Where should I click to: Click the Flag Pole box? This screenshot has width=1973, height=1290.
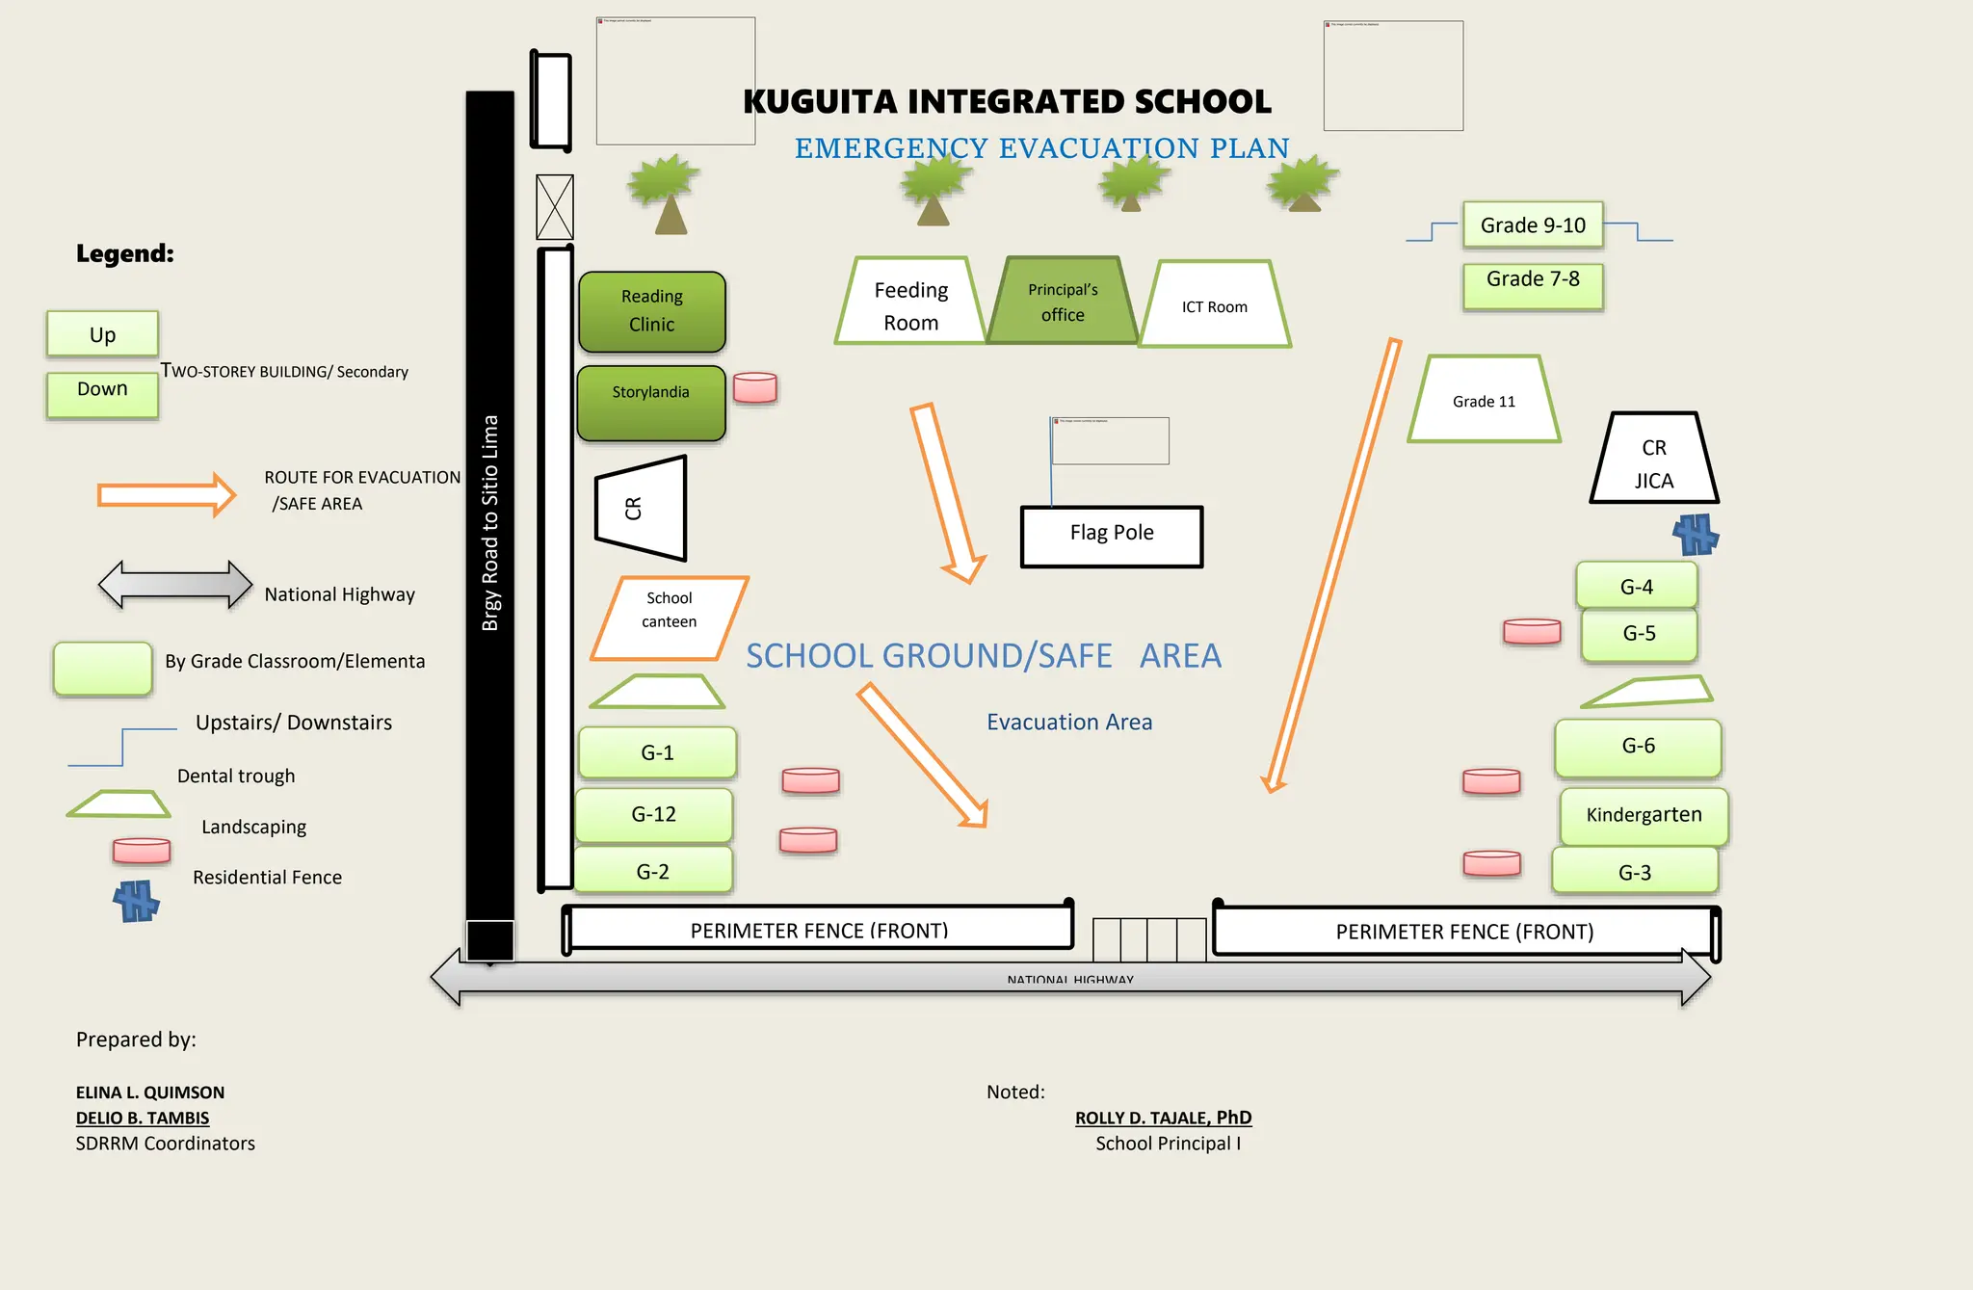pyautogui.click(x=1112, y=537)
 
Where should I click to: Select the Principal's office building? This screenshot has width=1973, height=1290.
pyautogui.click(x=1063, y=302)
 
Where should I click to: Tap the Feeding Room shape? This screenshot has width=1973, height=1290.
pyautogui.click(x=910, y=304)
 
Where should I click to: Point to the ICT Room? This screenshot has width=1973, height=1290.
pyautogui.click(x=1214, y=306)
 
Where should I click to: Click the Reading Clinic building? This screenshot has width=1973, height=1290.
pyautogui.click(x=652, y=311)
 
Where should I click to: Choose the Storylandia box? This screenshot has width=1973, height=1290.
pyautogui.click(x=651, y=403)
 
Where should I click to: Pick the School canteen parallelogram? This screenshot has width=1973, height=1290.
pyautogui.click(x=670, y=618)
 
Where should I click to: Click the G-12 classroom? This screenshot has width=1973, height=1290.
pyautogui.click(x=654, y=815)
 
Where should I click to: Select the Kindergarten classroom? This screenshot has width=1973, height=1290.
pyautogui.click(x=1644, y=816)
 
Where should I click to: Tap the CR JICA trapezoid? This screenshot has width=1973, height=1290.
pyautogui.click(x=1653, y=463)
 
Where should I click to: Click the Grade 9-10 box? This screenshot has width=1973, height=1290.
pyautogui.click(x=1533, y=225)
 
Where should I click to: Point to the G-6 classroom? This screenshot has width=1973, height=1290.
pyautogui.click(x=1638, y=747)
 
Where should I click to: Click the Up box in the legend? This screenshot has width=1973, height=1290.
pyautogui.click(x=102, y=334)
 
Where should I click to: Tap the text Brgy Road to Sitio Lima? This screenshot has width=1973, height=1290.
pyautogui.click(x=490, y=523)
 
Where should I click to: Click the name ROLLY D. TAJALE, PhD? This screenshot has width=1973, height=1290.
pyautogui.click(x=1163, y=1118)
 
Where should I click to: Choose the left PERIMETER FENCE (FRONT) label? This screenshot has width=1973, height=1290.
pyautogui.click(x=819, y=931)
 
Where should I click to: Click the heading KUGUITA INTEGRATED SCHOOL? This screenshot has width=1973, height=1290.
pyautogui.click(x=1007, y=101)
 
